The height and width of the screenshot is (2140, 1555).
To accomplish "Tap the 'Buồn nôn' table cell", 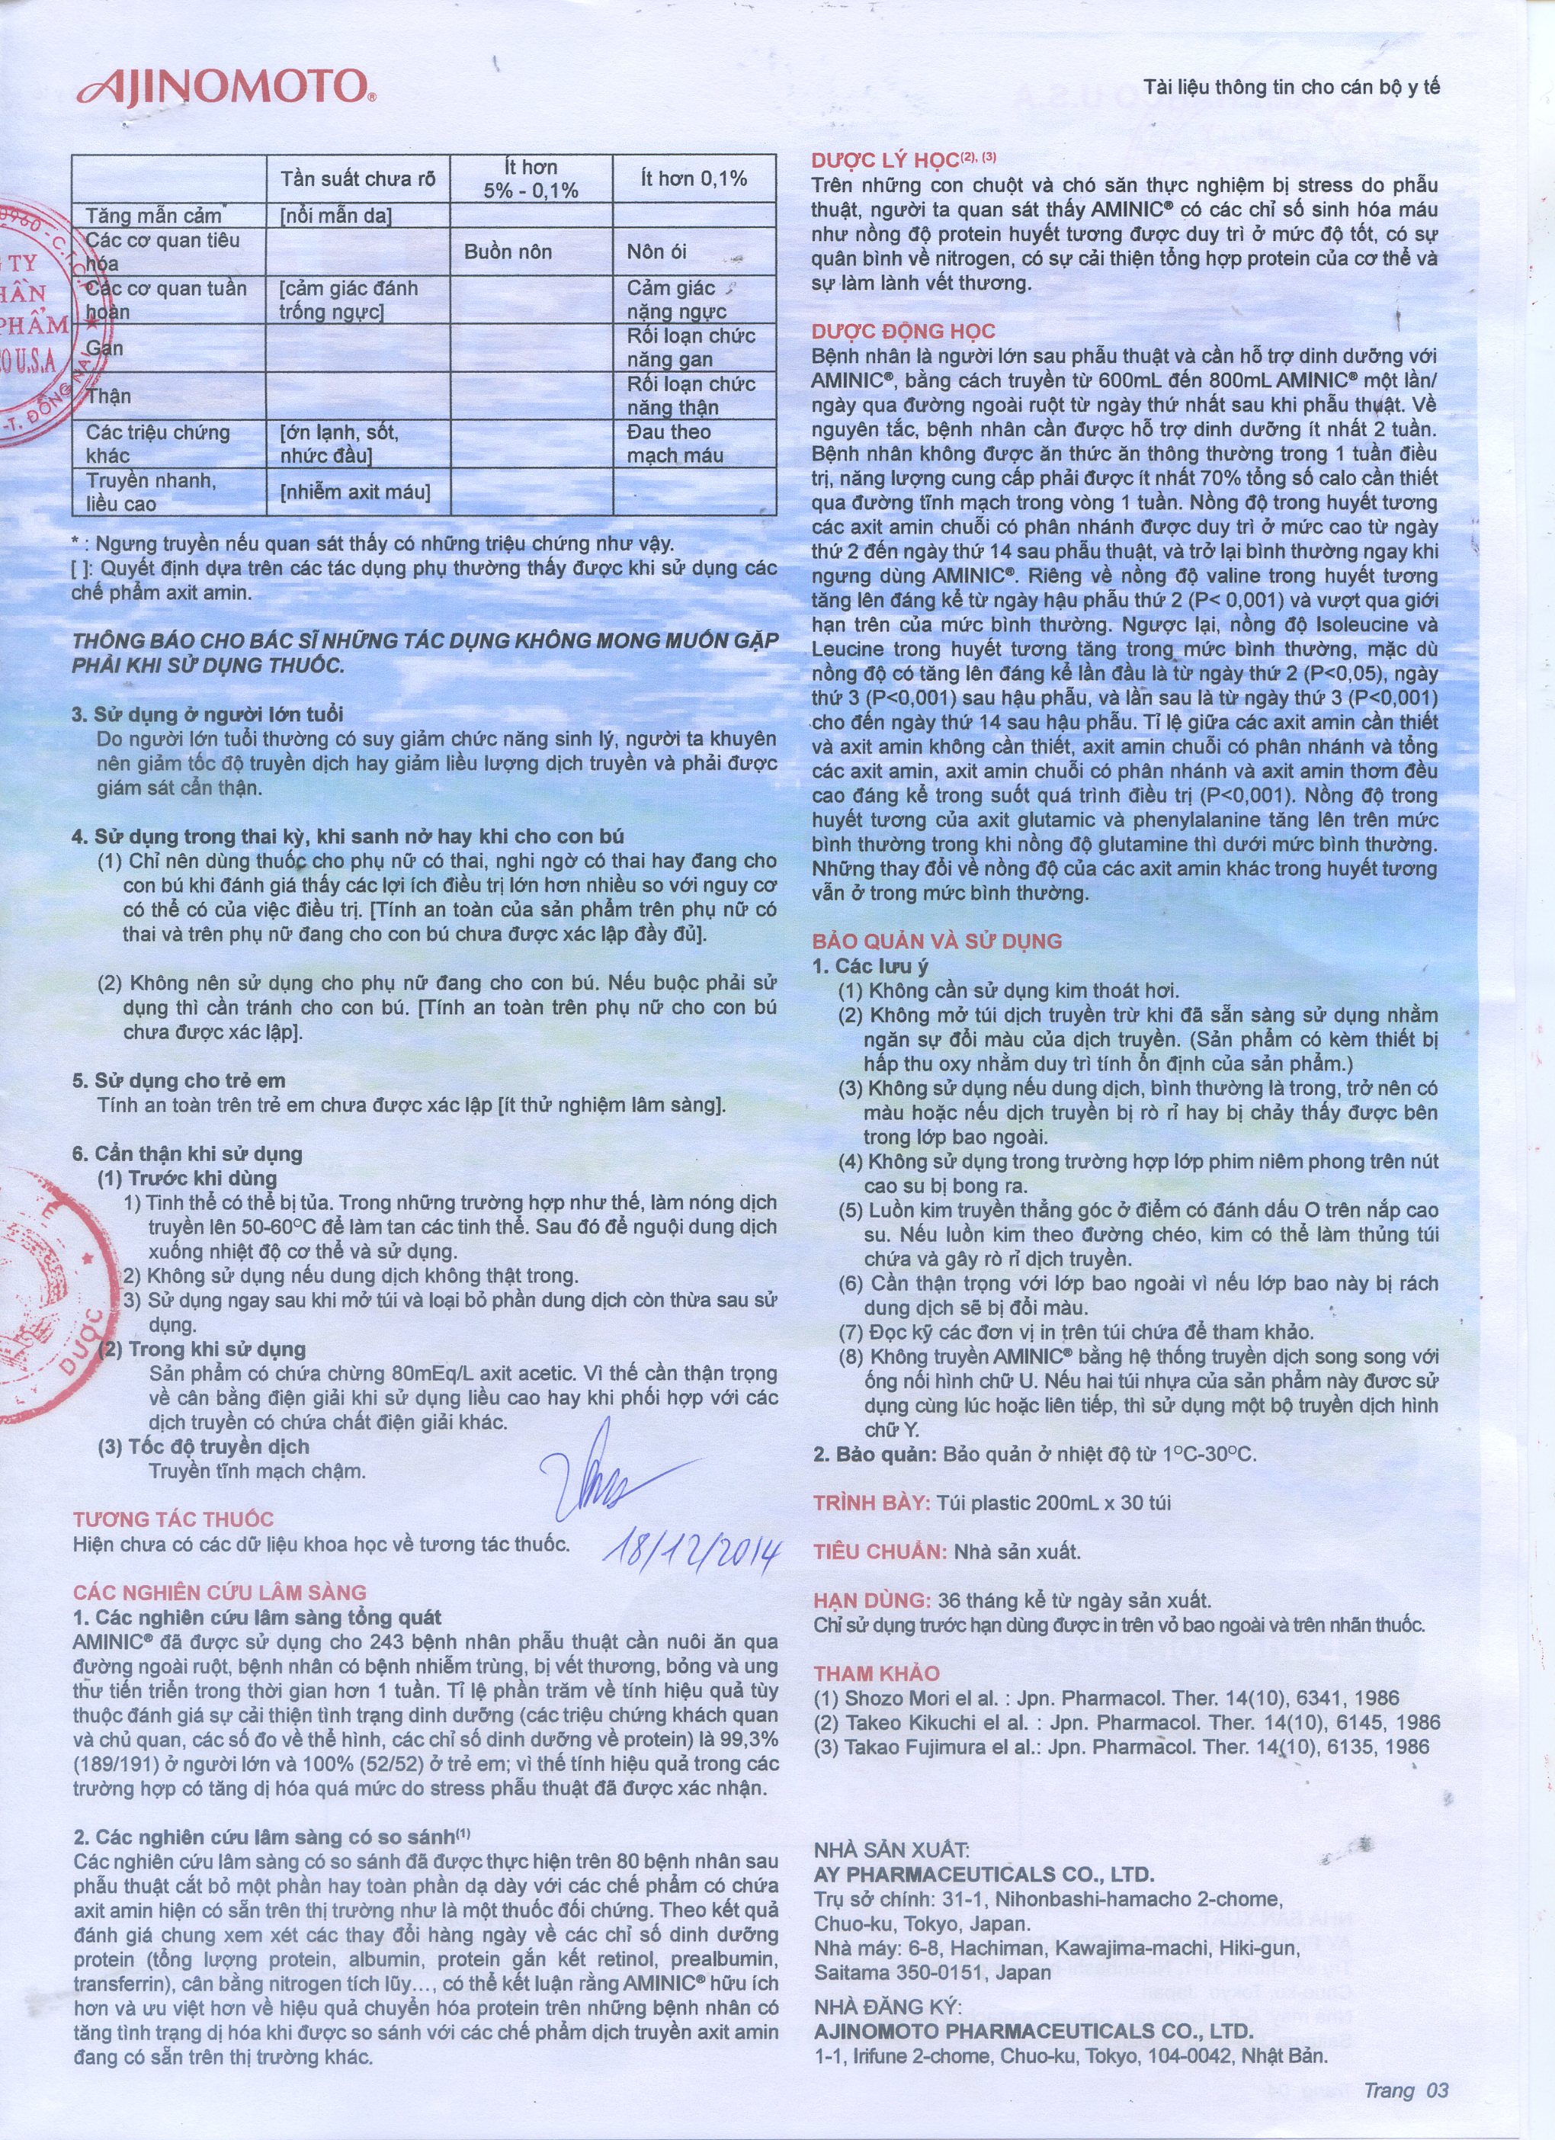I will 508,252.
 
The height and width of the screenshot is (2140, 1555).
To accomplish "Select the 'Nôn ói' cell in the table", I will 657,252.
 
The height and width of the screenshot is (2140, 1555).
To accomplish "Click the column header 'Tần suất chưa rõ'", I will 358,178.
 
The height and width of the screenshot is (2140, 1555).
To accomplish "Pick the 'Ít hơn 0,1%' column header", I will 694,178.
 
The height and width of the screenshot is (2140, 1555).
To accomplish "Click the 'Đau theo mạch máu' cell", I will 675,444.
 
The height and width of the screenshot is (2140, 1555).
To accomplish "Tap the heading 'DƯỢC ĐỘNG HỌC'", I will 903,331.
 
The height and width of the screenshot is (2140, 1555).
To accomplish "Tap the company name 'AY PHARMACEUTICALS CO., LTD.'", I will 983,1875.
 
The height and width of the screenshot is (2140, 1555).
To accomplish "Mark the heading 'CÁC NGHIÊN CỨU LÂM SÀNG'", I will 220,1593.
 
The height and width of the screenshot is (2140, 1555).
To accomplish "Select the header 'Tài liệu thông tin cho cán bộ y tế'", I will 1292,88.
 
